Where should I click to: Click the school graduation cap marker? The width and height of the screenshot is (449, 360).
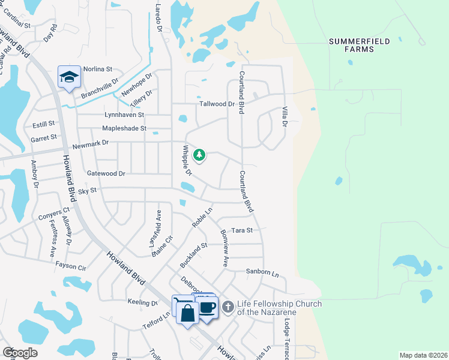(x=69, y=77)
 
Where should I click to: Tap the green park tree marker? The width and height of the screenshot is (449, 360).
(x=199, y=155)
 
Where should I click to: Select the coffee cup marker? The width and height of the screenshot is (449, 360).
(x=208, y=308)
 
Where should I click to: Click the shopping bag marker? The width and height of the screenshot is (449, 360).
(x=188, y=313)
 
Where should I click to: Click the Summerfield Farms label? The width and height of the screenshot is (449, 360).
(x=360, y=45)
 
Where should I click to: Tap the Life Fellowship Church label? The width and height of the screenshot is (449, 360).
(x=279, y=308)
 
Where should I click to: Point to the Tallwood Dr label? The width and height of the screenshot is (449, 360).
(x=217, y=104)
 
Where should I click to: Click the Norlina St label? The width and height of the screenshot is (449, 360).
(x=98, y=69)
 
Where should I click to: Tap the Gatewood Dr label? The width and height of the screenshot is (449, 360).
(x=106, y=173)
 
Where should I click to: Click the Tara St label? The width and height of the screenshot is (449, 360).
(x=242, y=230)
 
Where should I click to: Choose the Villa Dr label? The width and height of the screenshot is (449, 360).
(x=285, y=116)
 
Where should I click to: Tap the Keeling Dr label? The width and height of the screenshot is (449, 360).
(x=143, y=302)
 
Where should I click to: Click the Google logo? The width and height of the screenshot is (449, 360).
(x=20, y=352)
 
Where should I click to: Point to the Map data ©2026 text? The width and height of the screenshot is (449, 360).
(x=423, y=355)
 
